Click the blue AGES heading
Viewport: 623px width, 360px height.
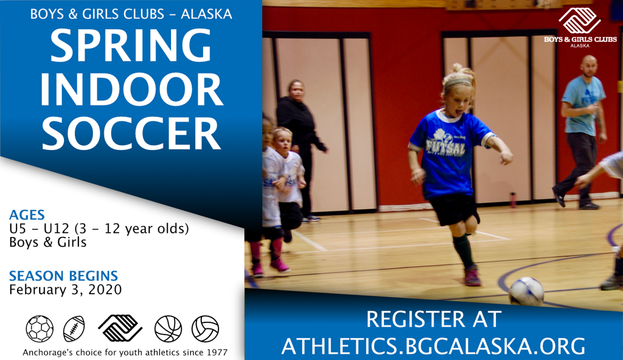(27, 215)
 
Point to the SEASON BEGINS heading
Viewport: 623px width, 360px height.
(63, 275)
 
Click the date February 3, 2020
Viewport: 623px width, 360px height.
(65, 289)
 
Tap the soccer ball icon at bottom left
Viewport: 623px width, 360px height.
(40, 328)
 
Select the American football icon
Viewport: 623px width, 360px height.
(74, 328)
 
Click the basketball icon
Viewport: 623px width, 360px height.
(168, 328)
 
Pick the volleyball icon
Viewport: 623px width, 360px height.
(205, 328)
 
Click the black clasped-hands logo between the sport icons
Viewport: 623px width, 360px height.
(120, 327)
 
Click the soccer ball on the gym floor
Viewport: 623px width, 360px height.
(526, 291)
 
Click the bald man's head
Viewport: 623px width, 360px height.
(588, 66)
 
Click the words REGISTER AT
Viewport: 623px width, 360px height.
(433, 319)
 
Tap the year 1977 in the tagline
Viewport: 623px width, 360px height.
(216, 352)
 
